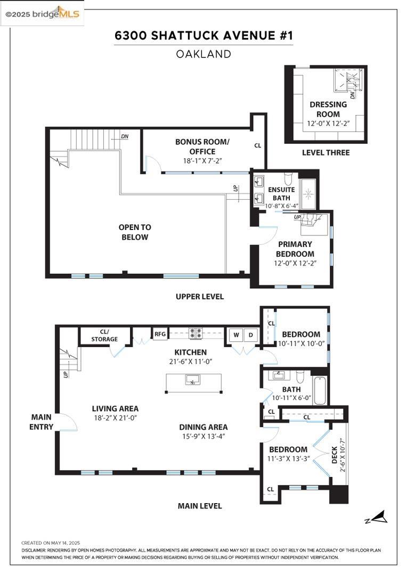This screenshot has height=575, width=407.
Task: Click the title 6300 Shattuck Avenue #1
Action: tap(203, 36)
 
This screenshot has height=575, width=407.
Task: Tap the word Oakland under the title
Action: tap(203, 54)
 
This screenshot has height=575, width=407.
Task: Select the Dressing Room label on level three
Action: tap(328, 109)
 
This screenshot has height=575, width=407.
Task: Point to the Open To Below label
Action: tap(134, 232)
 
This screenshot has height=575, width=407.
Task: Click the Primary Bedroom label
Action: tap(295, 249)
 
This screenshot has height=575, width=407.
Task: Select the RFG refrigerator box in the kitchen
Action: tap(160, 334)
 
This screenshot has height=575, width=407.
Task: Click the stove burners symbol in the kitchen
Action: tap(196, 333)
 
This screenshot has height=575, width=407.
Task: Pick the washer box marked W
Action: tap(235, 335)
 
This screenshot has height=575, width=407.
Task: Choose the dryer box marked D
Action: tap(250, 335)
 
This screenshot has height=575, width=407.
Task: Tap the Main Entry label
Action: tap(42, 422)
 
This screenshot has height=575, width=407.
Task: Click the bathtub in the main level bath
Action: tap(320, 390)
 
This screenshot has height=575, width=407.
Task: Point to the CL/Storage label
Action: tap(104, 335)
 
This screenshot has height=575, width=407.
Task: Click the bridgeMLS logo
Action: tap(43, 13)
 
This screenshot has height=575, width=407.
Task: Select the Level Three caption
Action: tap(325, 152)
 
